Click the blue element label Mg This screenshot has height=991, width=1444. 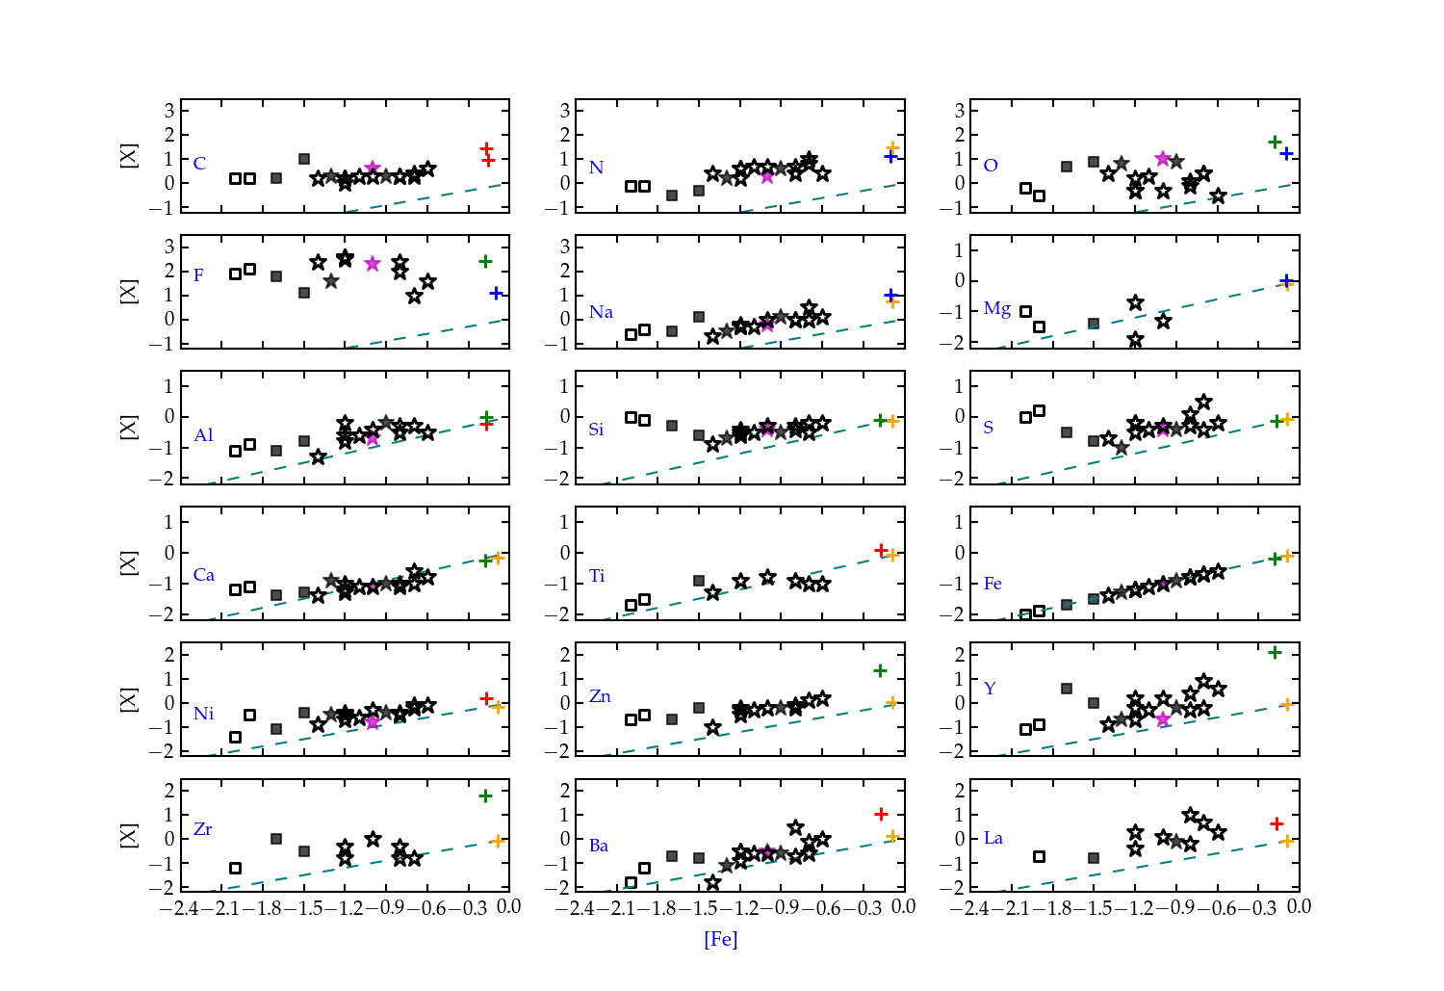click(x=997, y=309)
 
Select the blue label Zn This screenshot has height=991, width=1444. click(x=600, y=696)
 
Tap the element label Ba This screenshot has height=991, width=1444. click(x=599, y=846)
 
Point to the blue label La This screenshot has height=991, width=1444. click(x=993, y=838)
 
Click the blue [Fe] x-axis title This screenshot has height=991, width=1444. click(x=720, y=939)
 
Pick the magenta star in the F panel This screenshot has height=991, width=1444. click(x=373, y=264)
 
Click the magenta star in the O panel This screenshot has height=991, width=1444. click(x=1163, y=158)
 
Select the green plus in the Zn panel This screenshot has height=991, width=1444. click(x=880, y=670)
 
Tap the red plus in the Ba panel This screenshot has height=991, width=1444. click(x=881, y=814)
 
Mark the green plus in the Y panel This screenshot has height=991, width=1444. click(x=1275, y=653)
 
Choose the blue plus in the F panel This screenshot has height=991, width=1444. click(x=496, y=293)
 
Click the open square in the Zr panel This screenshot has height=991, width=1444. click(x=235, y=868)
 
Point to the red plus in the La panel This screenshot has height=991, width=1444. click(x=1276, y=823)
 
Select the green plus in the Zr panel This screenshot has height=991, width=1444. click(x=485, y=795)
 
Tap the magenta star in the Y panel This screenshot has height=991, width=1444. click(x=1163, y=718)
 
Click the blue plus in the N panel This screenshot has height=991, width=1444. click(x=891, y=156)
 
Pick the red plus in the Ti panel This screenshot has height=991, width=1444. click(x=881, y=550)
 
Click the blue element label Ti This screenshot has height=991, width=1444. click(x=597, y=576)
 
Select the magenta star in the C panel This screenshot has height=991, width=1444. click(x=373, y=169)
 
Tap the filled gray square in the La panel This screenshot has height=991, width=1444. click(x=1094, y=857)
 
